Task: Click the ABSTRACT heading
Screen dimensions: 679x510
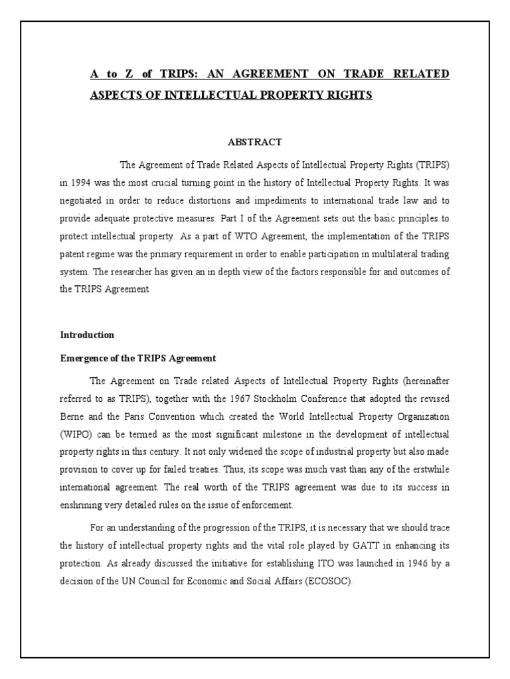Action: click(255, 142)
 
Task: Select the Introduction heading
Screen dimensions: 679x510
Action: click(87, 335)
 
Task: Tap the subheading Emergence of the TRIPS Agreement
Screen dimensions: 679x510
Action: click(138, 358)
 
